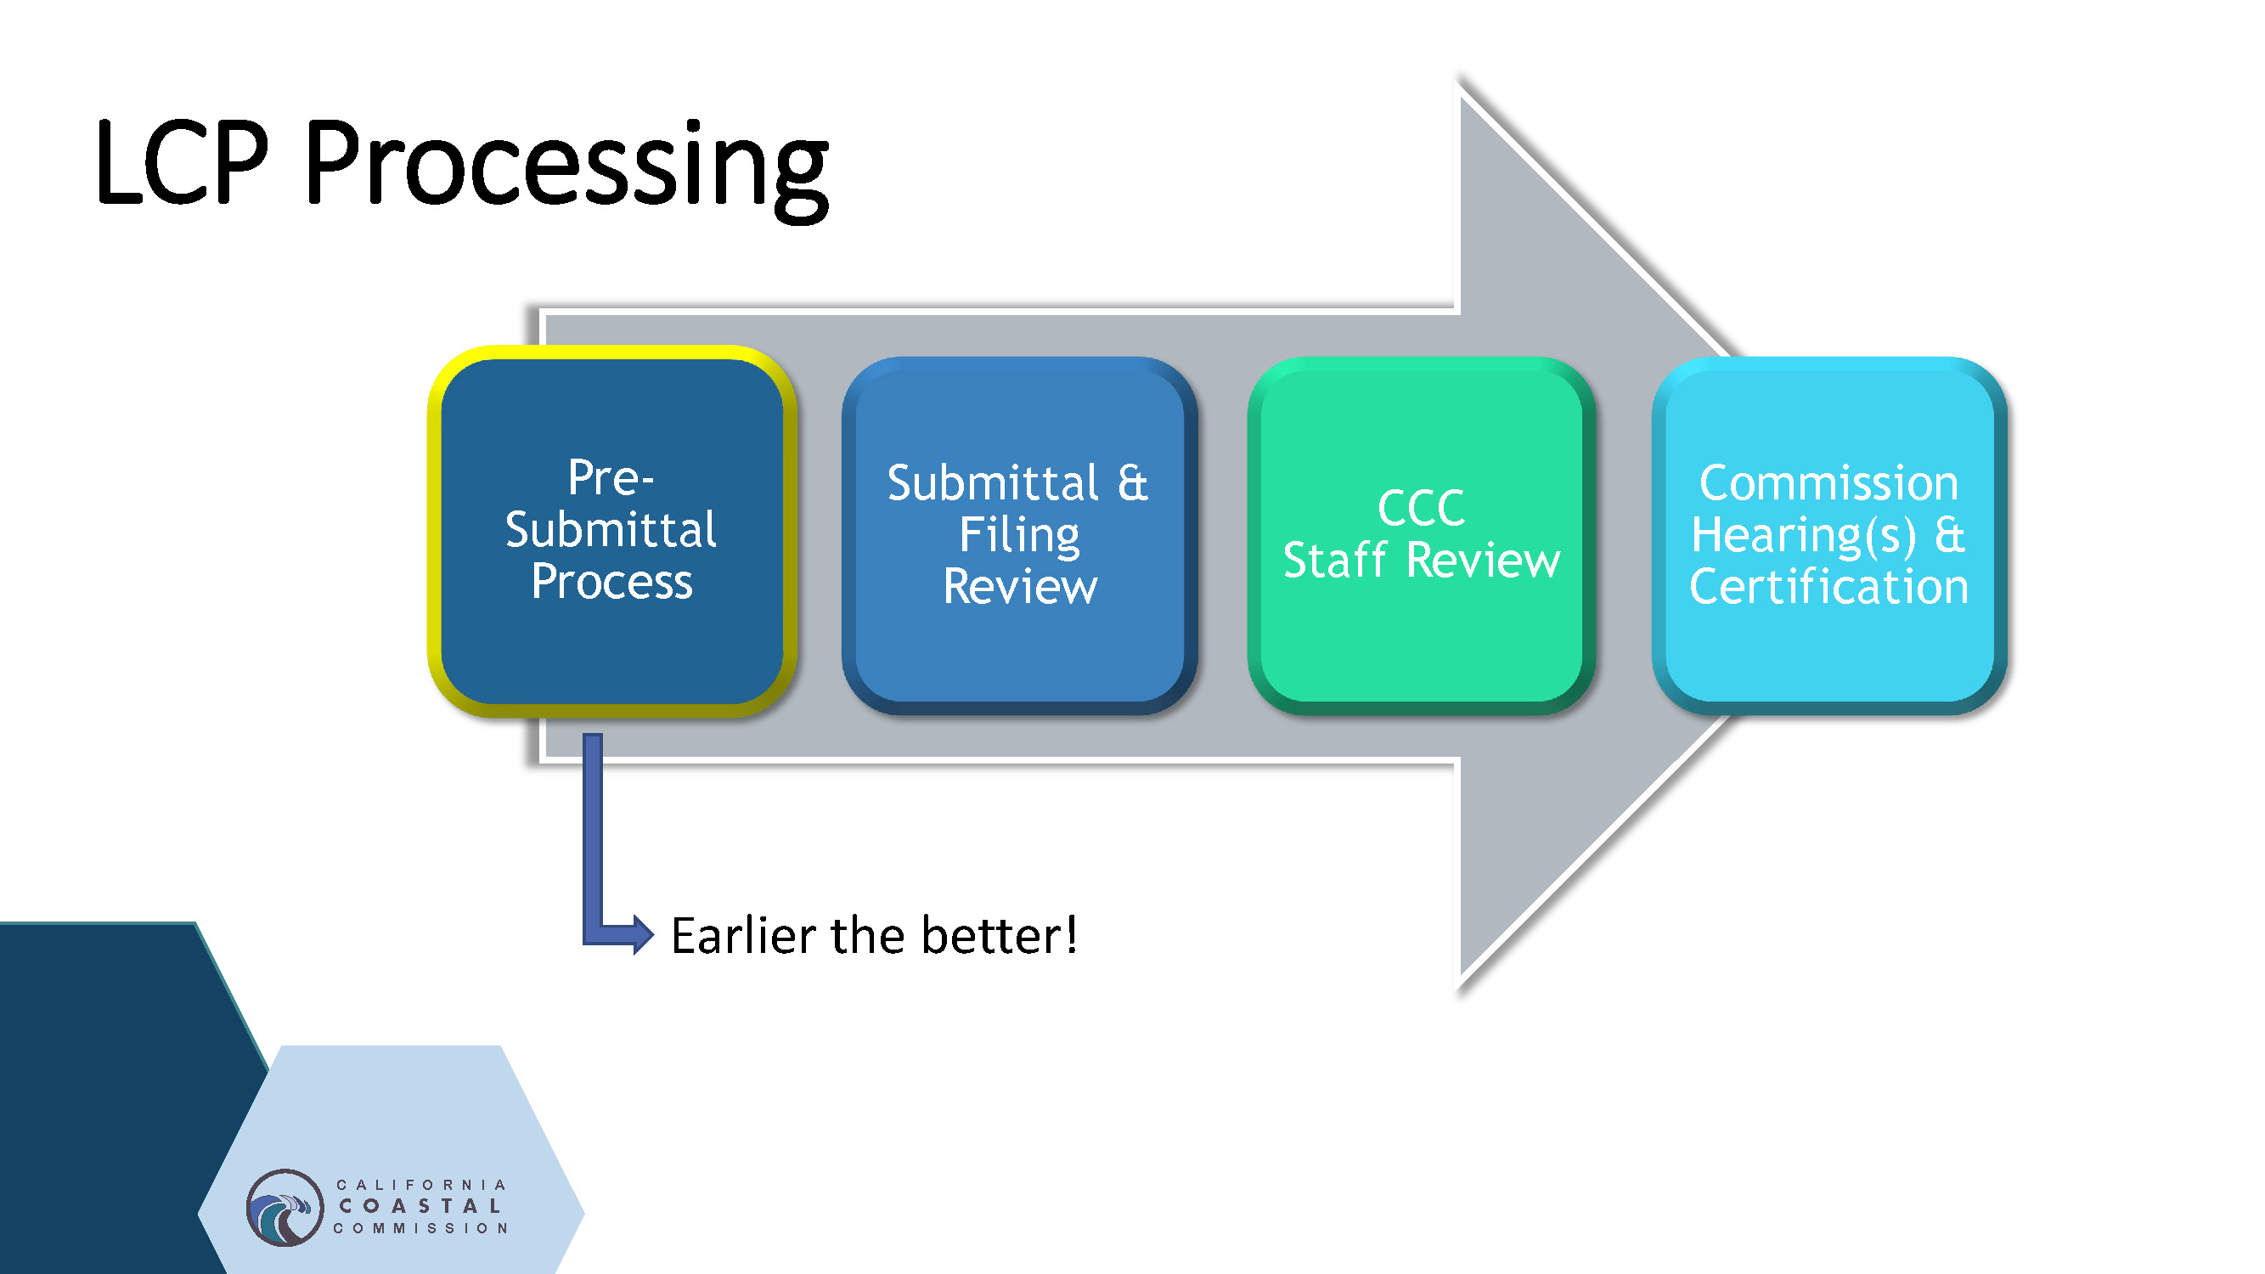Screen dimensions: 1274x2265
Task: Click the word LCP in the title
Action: [181, 165]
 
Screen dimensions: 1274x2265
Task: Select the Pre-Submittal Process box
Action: [612, 651]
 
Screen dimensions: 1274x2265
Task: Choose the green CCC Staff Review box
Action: [1421, 642]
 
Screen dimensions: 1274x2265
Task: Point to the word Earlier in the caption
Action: [743, 934]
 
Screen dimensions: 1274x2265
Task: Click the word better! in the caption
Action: [999, 934]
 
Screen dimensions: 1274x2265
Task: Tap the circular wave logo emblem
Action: [284, 1207]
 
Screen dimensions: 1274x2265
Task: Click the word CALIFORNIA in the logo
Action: [421, 1185]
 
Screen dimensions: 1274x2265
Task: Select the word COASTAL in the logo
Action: [421, 1206]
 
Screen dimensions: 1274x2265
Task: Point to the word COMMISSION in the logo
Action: [421, 1228]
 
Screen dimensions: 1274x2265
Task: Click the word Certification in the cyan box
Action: [1828, 586]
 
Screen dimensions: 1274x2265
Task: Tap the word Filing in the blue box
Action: [1019, 534]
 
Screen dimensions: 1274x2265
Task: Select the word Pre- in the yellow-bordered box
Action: [611, 478]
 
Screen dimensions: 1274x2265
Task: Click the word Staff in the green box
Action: [1335, 560]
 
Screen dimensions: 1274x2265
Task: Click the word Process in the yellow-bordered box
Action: [612, 581]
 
